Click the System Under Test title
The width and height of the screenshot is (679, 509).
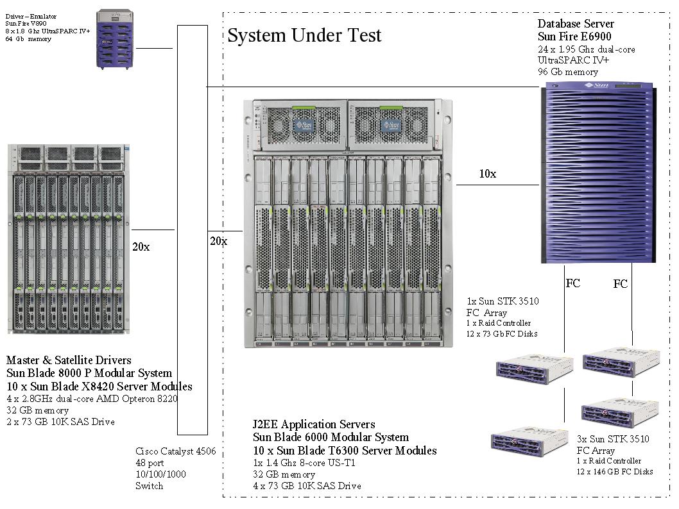click(x=304, y=35)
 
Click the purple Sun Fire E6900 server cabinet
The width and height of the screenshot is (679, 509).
click(x=599, y=172)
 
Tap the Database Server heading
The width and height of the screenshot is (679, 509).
click(x=576, y=24)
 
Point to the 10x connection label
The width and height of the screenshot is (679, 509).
click(x=487, y=174)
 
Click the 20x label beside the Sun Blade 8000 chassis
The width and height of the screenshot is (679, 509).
click(x=141, y=247)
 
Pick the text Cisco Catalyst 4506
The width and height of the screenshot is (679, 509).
click(x=175, y=451)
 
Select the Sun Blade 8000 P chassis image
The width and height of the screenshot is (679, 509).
click(x=68, y=239)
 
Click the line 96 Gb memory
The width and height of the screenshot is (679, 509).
click(x=568, y=72)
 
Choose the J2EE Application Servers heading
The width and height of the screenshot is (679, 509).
click(x=314, y=424)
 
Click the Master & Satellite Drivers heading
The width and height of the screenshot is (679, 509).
click(x=69, y=360)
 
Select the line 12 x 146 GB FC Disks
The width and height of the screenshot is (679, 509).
click(x=614, y=471)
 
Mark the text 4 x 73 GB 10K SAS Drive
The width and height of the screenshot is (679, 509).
click(x=307, y=486)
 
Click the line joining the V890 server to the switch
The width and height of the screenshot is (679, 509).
click(x=155, y=48)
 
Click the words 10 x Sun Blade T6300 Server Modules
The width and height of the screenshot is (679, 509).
click(x=345, y=451)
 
